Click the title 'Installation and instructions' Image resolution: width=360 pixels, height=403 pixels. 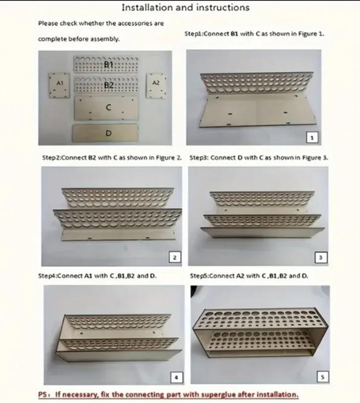[186, 8]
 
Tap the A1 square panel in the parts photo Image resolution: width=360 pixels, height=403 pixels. [59, 85]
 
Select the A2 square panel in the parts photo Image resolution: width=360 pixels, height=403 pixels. [156, 85]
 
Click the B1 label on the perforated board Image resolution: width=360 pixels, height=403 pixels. [108, 64]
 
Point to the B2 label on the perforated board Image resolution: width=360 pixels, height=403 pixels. [109, 85]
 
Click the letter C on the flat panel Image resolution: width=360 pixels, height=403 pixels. [109, 108]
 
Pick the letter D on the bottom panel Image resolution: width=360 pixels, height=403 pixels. [109, 133]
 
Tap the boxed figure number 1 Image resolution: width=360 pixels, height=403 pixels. [312, 138]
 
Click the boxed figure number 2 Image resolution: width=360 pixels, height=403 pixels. [175, 257]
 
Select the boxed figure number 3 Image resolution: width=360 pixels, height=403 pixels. [321, 257]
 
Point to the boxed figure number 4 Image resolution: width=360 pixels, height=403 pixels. [177, 378]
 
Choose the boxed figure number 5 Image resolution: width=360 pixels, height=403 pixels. [322, 377]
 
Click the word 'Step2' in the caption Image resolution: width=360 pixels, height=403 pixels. [51, 157]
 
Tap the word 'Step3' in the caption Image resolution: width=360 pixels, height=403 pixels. [198, 157]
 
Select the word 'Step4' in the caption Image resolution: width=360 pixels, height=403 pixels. [47, 276]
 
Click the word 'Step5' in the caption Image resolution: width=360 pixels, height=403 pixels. [198, 276]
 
